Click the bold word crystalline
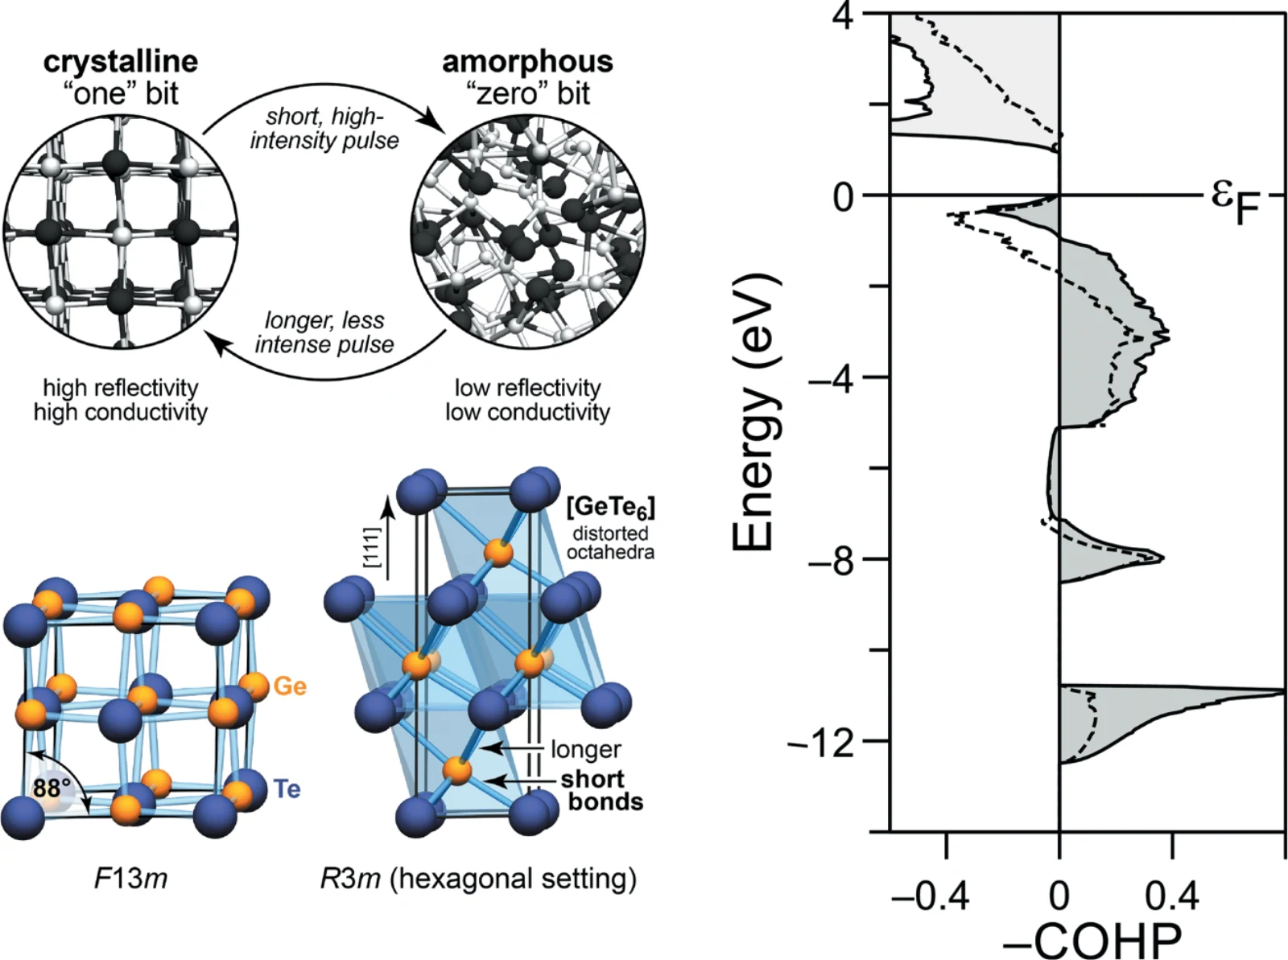120,63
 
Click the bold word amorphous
527,62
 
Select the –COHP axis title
1092,939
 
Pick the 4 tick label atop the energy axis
843,19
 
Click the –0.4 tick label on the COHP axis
930,896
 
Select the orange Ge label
290,686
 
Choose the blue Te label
287,789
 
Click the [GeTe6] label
610,508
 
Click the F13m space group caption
131,879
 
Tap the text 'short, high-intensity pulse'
324,129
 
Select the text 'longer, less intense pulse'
324,332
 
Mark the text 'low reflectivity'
527,388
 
